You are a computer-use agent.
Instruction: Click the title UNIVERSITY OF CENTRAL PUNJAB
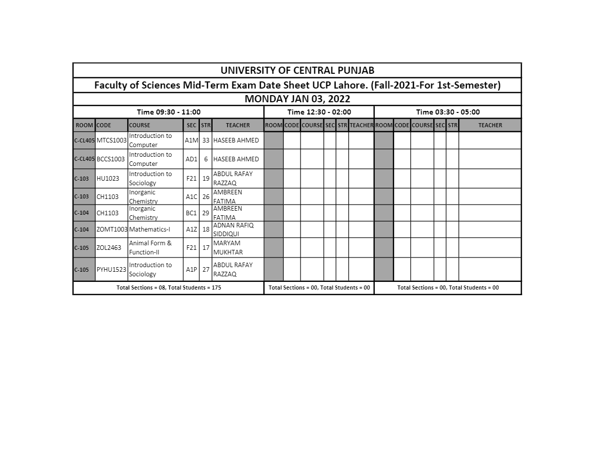(x=297, y=71)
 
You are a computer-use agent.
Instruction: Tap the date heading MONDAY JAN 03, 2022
(x=297, y=99)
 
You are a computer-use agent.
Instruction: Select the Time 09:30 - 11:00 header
(x=168, y=112)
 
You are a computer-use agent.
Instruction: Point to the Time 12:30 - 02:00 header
(x=319, y=112)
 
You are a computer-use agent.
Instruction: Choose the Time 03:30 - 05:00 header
(x=448, y=112)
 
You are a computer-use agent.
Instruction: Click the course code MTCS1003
(x=111, y=140)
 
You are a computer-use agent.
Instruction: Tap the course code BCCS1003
(x=110, y=159)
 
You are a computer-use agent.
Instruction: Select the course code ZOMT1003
(x=112, y=229)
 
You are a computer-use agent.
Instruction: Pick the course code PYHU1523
(x=111, y=270)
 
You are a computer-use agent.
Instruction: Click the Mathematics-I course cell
(x=150, y=229)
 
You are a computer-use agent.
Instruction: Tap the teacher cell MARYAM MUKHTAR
(x=228, y=248)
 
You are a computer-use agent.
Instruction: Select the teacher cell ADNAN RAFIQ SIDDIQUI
(x=233, y=229)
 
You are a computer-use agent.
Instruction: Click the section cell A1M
(x=191, y=140)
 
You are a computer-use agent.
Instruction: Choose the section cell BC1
(x=191, y=213)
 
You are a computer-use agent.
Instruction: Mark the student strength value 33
(x=205, y=140)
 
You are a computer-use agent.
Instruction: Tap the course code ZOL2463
(x=109, y=248)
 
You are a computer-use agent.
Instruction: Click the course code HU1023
(x=108, y=179)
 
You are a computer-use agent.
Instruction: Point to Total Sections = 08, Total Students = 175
(x=168, y=288)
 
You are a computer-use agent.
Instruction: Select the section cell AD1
(x=191, y=159)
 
